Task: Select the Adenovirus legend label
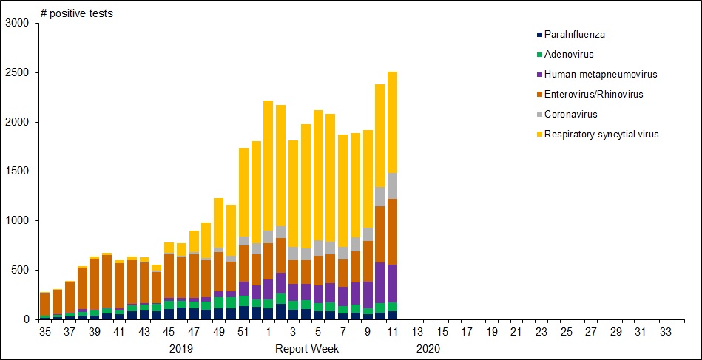(568, 54)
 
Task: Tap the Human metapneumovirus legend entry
(600, 74)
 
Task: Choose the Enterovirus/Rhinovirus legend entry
(593, 94)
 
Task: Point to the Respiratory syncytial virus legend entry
(601, 134)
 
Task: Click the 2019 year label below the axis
(181, 348)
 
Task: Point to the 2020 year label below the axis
(428, 348)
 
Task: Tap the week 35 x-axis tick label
(44, 333)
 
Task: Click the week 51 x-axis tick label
(243, 333)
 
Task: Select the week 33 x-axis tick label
(665, 333)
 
